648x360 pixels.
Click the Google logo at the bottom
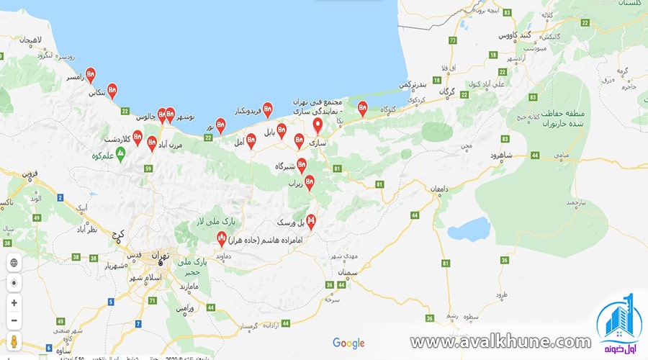348,343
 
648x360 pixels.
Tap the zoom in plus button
14,303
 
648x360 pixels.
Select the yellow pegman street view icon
14,341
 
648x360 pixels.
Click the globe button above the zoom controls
14,263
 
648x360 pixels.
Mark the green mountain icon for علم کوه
121,153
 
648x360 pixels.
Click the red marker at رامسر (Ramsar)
90,73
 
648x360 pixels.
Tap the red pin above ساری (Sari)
317,125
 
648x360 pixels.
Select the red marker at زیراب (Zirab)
309,183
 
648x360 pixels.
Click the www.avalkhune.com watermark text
500,342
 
